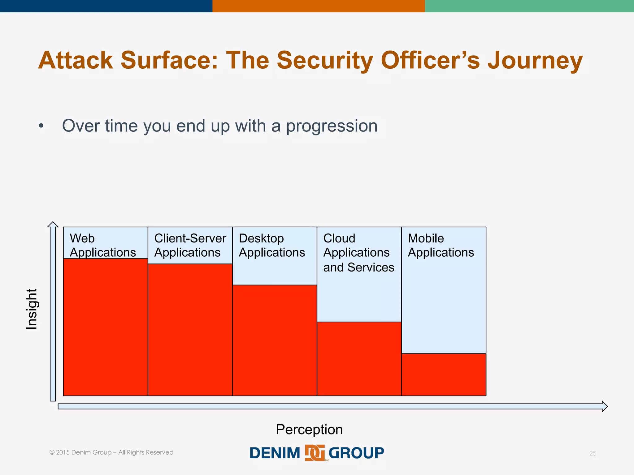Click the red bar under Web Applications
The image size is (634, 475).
[105, 327]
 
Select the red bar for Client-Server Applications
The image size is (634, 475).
[190, 330]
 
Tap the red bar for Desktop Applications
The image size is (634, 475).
[275, 340]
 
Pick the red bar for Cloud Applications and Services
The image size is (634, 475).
[359, 359]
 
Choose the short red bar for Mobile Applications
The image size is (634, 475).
[444, 374]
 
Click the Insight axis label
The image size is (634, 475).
[32, 309]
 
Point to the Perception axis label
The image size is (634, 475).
[309, 430]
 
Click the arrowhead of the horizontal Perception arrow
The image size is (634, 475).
[604, 406]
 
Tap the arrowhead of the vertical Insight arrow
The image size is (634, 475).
[53, 225]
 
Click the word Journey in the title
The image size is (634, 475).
[535, 60]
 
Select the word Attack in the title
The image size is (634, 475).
[76, 60]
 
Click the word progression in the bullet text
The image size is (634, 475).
[332, 126]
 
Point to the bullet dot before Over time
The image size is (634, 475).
[41, 126]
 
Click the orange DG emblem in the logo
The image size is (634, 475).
[315, 453]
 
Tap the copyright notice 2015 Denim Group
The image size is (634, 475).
[111, 452]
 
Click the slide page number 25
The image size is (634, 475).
[593, 453]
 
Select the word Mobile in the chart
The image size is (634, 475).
[426, 238]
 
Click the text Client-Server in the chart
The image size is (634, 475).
[190, 238]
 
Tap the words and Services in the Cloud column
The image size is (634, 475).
[358, 267]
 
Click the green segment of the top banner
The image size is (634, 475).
[529, 6]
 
